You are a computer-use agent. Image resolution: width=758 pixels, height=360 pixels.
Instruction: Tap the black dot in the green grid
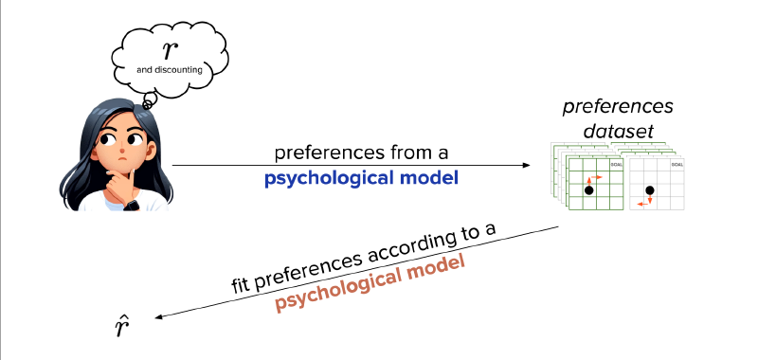click(588, 190)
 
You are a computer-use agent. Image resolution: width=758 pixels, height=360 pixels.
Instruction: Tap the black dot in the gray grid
click(649, 190)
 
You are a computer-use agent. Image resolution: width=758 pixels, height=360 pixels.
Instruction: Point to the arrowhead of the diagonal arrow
click(158, 319)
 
